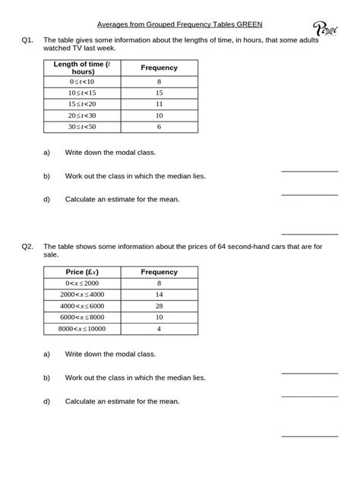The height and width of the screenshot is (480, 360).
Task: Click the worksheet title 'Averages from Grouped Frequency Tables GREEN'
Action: (180, 24)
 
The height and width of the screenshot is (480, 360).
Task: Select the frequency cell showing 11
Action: (159, 103)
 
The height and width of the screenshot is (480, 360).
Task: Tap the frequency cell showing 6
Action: (159, 127)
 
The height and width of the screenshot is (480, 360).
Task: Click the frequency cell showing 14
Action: (159, 294)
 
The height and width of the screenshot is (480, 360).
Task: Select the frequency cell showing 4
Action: (159, 329)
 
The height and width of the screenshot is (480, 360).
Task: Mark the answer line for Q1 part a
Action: (309, 171)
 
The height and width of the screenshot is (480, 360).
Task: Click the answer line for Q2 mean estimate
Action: (309, 435)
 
